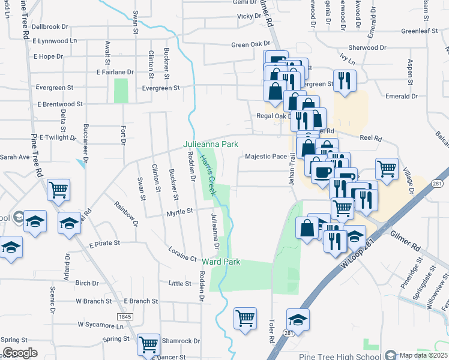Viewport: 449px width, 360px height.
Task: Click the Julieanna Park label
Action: coord(211,144)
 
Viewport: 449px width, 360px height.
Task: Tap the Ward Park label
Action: coord(221,262)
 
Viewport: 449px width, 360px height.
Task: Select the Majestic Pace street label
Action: coord(266,157)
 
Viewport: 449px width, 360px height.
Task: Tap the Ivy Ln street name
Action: coord(348,61)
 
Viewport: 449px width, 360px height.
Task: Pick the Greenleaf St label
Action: coord(418,31)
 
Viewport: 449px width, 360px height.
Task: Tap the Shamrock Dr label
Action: coord(181,341)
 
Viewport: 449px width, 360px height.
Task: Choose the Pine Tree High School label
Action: coord(340,357)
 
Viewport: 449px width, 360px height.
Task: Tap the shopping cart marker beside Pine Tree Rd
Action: coord(59,190)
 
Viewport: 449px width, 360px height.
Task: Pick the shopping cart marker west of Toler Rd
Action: coord(245,318)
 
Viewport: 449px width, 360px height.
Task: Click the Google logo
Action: coord(20,353)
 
